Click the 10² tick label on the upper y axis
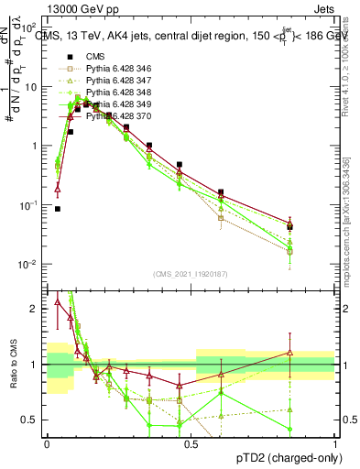tap(31, 28)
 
